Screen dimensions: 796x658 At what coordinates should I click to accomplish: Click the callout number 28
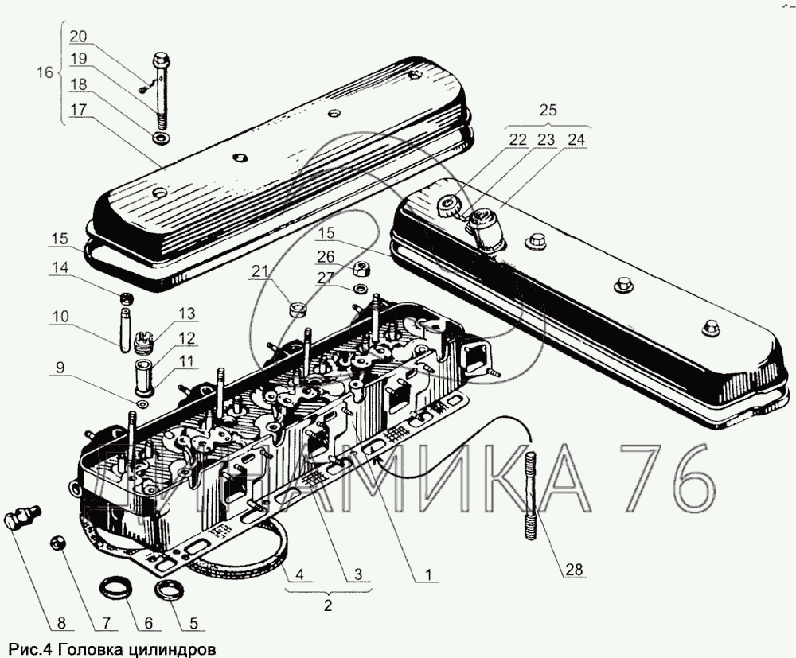574,569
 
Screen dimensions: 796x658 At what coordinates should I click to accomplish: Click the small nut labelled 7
57,542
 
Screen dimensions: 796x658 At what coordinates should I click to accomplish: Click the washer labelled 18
162,140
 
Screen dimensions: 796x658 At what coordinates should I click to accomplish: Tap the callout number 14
58,269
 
